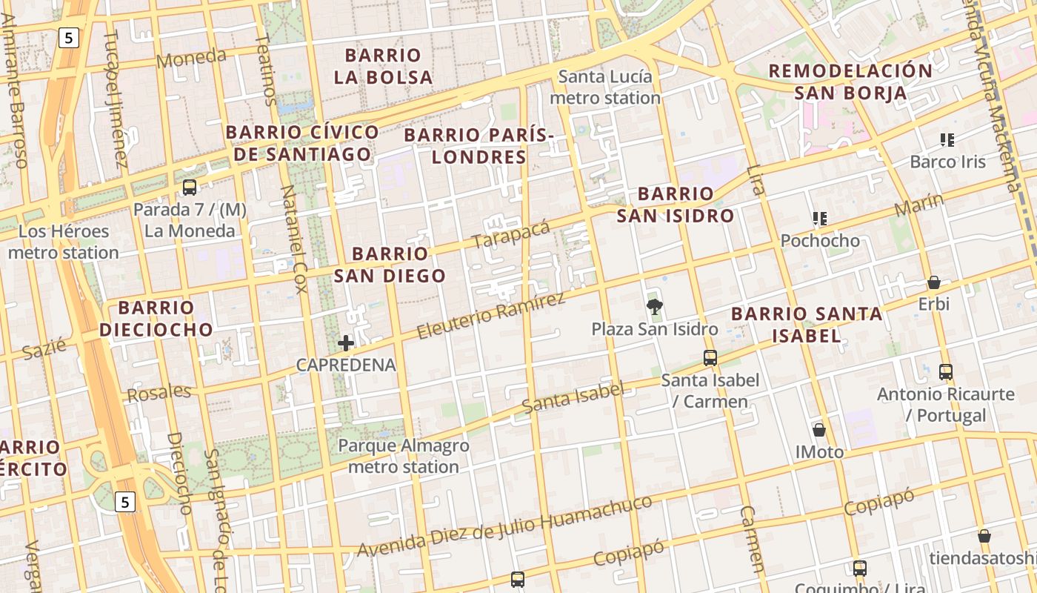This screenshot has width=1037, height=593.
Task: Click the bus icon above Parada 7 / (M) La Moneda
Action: click(190, 187)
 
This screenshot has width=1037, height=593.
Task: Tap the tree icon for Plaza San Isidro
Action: click(654, 306)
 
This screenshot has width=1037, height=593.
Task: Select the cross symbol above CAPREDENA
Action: click(345, 343)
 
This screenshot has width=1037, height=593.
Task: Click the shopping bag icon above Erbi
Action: click(934, 282)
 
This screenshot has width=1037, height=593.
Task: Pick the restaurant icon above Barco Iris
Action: click(947, 139)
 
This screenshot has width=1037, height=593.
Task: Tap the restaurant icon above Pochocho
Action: click(819, 219)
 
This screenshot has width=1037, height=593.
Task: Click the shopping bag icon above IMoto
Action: click(819, 430)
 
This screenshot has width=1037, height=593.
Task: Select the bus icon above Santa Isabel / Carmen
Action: click(710, 358)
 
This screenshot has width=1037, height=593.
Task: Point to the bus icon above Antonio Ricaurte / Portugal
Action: click(945, 372)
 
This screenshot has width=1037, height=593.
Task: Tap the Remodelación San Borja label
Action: click(850, 82)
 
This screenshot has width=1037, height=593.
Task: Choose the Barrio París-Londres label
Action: click(479, 146)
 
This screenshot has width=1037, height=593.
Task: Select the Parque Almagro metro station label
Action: click(404, 457)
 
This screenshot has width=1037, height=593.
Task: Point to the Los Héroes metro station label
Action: click(64, 242)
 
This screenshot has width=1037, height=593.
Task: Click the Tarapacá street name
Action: click(511, 235)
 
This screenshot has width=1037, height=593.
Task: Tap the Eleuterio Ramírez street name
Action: click(490, 316)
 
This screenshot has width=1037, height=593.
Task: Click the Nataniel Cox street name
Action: click(293, 239)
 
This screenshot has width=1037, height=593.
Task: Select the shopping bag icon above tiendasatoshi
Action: click(984, 536)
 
